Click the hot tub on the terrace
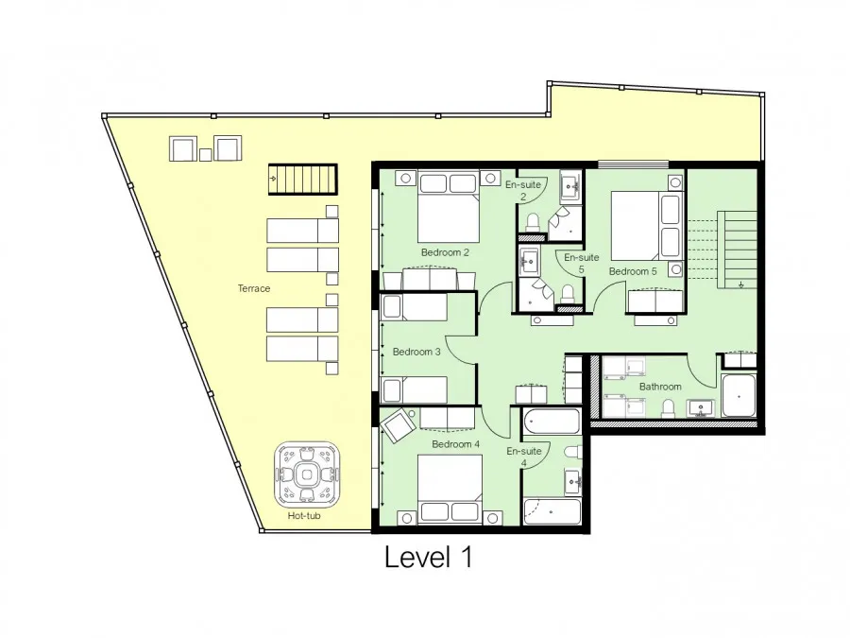pyautogui.click(x=307, y=474)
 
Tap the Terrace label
pyautogui.click(x=254, y=288)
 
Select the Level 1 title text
pyautogui.click(x=428, y=557)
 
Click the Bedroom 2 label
pyautogui.click(x=445, y=252)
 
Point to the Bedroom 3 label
pyautogui.click(x=416, y=352)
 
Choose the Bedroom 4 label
pyautogui.click(x=455, y=444)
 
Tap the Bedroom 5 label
pyautogui.click(x=633, y=271)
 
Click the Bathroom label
pyautogui.click(x=660, y=387)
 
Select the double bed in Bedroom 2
pyautogui.click(x=449, y=207)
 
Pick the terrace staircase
pyautogui.click(x=303, y=179)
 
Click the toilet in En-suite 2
pyautogui.click(x=533, y=222)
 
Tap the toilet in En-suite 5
pyautogui.click(x=568, y=294)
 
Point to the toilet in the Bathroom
pyautogui.click(x=669, y=408)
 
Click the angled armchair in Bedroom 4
pyautogui.click(x=398, y=423)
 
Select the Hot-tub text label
pyautogui.click(x=303, y=516)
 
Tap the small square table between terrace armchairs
pyautogui.click(x=206, y=155)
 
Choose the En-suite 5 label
pyautogui.click(x=581, y=263)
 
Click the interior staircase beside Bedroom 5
pyautogui.click(x=737, y=250)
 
